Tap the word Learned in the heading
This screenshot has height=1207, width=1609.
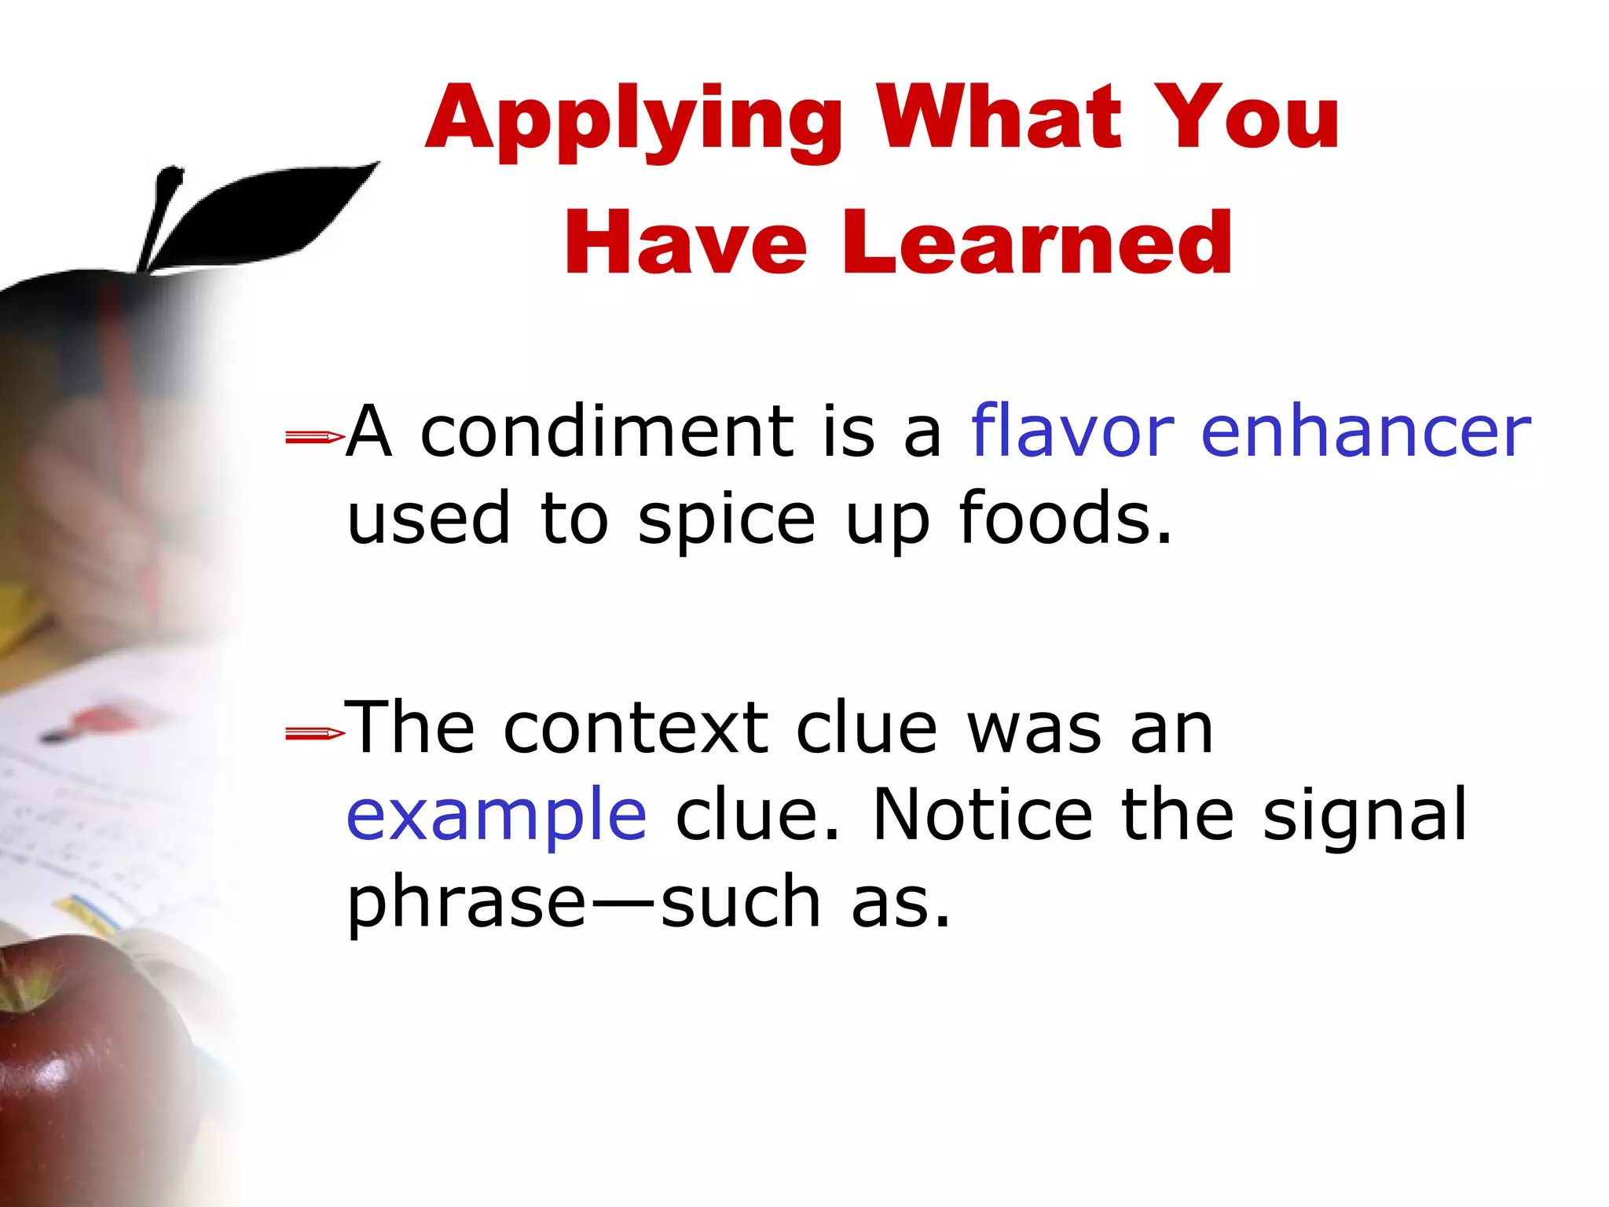pos(1037,243)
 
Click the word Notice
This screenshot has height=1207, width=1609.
pos(982,814)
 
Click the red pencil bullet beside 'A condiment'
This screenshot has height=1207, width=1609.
pos(314,436)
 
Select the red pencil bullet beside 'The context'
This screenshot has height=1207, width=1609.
pos(314,733)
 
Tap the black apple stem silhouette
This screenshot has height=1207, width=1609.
pos(161,216)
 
